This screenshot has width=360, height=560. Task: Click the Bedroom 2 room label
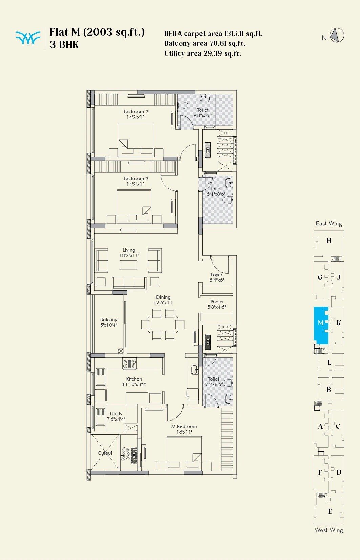136,112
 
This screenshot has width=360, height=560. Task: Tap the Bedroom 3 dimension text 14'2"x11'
136,185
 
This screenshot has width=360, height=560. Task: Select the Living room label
129,250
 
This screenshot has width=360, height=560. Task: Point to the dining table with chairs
163,324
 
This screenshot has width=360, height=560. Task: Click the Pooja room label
216,302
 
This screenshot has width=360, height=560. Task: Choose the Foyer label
216,275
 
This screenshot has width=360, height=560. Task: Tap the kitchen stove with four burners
129,364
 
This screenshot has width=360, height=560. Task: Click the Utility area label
116,414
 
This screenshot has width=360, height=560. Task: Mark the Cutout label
105,453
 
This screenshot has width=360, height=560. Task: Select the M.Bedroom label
184,426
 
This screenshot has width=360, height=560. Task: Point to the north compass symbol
337,35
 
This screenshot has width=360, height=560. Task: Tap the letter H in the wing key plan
329,241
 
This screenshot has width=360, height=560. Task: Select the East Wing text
329,223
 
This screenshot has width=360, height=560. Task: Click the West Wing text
329,530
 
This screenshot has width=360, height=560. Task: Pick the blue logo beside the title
27,38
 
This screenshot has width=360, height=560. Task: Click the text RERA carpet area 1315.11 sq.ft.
213,34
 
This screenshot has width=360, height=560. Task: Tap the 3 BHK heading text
64,45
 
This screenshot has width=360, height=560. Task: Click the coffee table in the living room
129,264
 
